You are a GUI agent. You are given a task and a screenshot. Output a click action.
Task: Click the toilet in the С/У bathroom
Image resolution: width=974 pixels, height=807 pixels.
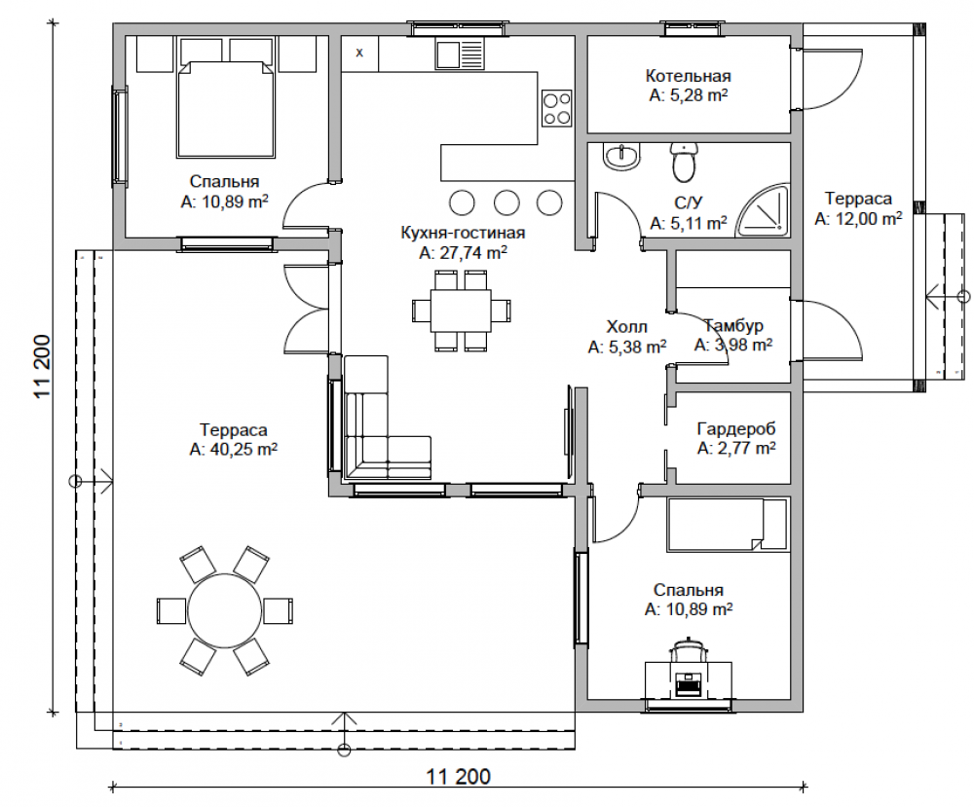[x=684, y=162]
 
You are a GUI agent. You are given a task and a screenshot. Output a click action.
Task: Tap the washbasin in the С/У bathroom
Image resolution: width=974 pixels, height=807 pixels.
[x=621, y=157]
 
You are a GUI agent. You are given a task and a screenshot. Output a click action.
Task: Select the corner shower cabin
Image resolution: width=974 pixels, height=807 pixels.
[x=764, y=210]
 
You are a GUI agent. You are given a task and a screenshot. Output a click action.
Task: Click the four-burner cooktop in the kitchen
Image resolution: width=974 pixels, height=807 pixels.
[x=556, y=108]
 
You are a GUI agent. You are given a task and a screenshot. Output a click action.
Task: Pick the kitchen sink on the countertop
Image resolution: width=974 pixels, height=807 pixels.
[x=459, y=54]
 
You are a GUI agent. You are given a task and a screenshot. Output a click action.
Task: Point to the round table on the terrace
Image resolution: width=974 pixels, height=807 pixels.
[x=224, y=610]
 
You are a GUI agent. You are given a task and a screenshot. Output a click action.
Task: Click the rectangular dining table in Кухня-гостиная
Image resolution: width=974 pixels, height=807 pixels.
[x=462, y=311]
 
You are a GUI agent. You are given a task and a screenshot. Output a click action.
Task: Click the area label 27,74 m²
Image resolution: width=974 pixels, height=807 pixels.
[x=463, y=253]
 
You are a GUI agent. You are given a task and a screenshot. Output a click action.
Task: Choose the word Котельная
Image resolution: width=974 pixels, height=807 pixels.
[x=689, y=76]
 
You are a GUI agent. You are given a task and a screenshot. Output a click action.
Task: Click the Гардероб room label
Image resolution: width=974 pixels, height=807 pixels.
[x=736, y=428]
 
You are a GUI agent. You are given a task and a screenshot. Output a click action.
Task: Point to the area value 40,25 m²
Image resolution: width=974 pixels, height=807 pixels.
[x=233, y=449]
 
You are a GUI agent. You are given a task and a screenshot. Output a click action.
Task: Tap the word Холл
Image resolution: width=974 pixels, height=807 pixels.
[x=626, y=326]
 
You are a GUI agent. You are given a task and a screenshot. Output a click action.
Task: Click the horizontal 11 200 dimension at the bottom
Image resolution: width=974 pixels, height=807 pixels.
[x=458, y=776]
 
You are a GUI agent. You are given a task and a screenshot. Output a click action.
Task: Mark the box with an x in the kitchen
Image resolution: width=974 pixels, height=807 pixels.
[x=359, y=53]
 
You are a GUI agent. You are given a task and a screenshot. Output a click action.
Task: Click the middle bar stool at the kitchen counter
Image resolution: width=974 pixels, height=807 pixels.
[x=506, y=202]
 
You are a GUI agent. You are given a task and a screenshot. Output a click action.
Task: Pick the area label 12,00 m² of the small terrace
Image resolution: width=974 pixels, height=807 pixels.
[x=858, y=218]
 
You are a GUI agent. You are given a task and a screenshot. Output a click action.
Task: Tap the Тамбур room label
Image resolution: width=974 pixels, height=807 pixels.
[x=733, y=325]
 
